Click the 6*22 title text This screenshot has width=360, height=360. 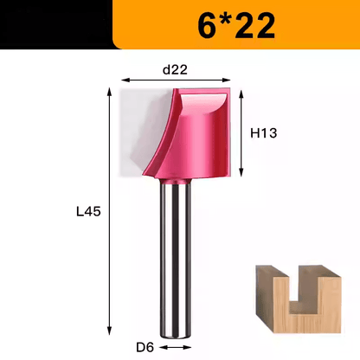pos(236,26)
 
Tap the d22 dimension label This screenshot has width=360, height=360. pos(175,70)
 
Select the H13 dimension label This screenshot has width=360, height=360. pos(264,133)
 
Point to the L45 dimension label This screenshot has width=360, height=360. pos(88,212)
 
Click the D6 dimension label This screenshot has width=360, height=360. pos(145,347)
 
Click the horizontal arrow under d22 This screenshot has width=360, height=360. pos(176,80)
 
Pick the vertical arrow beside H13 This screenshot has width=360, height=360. pos(241,132)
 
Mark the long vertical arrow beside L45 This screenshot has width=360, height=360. pos(109,211)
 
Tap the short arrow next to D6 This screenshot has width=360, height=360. pos(175,347)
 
